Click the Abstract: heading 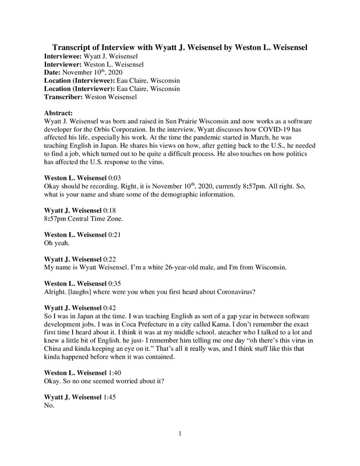tap(61, 110)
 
